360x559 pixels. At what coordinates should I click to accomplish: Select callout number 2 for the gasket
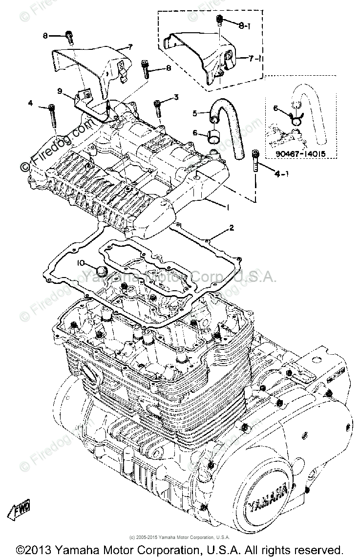232,228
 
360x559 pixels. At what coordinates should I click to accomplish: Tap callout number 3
176,97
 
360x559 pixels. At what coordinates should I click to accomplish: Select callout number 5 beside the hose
195,114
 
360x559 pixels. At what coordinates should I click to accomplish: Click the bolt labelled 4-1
254,161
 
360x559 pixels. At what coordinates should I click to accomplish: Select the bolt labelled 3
158,109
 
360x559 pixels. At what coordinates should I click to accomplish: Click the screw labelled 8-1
219,21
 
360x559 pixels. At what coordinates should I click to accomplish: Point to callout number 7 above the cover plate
130,47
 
